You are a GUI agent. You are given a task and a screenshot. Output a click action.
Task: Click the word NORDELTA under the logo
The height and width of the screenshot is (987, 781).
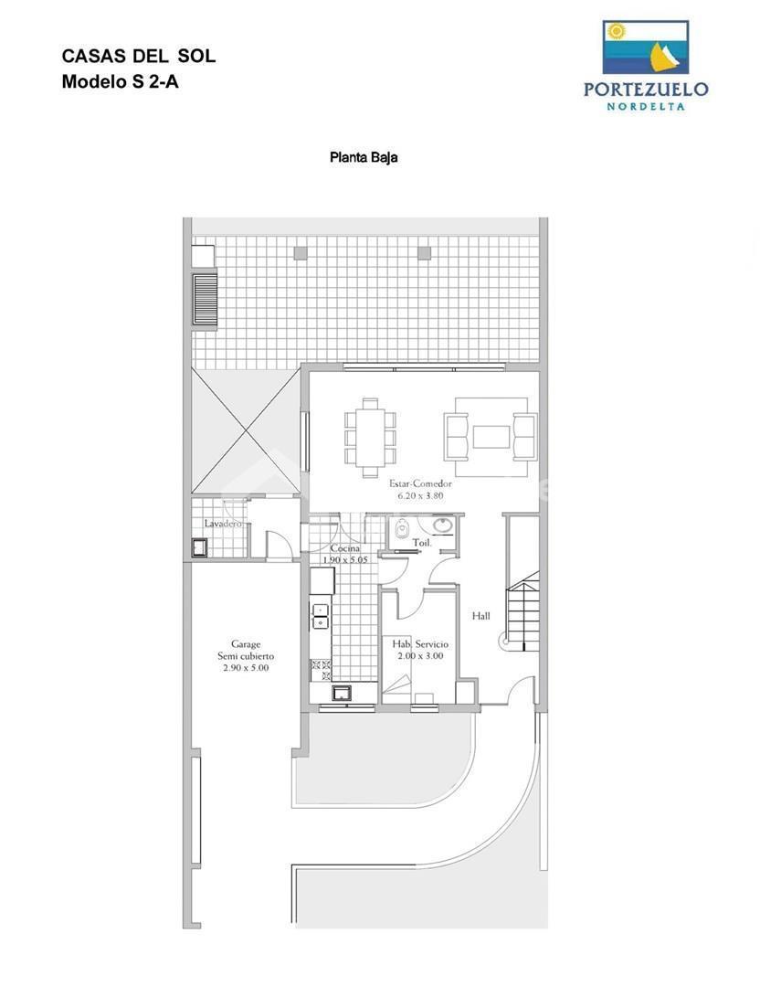[646, 106]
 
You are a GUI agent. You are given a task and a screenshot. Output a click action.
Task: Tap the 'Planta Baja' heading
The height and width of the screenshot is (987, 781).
[364, 157]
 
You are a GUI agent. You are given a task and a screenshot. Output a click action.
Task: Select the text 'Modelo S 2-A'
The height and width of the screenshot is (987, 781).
[121, 82]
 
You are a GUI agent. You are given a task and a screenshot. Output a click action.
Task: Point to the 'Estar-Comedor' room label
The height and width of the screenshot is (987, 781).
[420, 483]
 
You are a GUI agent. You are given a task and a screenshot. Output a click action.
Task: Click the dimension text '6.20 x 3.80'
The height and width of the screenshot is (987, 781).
[420, 495]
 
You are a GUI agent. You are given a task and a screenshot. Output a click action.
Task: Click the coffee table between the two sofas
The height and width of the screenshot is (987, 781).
[491, 437]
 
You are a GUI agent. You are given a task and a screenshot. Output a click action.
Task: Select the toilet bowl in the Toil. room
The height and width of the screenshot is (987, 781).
[402, 529]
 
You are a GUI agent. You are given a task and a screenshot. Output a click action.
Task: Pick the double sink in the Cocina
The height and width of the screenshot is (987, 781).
[321, 616]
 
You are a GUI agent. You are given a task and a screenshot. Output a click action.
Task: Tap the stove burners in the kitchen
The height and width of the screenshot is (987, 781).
[321, 670]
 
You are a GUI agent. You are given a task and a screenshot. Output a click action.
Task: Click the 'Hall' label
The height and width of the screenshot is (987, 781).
[480, 616]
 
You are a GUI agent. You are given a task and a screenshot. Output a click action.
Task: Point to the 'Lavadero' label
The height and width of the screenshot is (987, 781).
[223, 524]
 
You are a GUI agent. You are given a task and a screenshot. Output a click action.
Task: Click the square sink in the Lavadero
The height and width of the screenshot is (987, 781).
[201, 547]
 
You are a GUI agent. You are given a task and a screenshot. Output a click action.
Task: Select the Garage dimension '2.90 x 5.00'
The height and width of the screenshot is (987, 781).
[246, 668]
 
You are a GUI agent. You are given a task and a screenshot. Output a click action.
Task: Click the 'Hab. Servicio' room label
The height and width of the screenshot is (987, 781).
[420, 644]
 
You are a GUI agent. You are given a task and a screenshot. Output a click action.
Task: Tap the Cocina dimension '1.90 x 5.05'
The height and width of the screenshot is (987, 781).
[345, 559]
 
